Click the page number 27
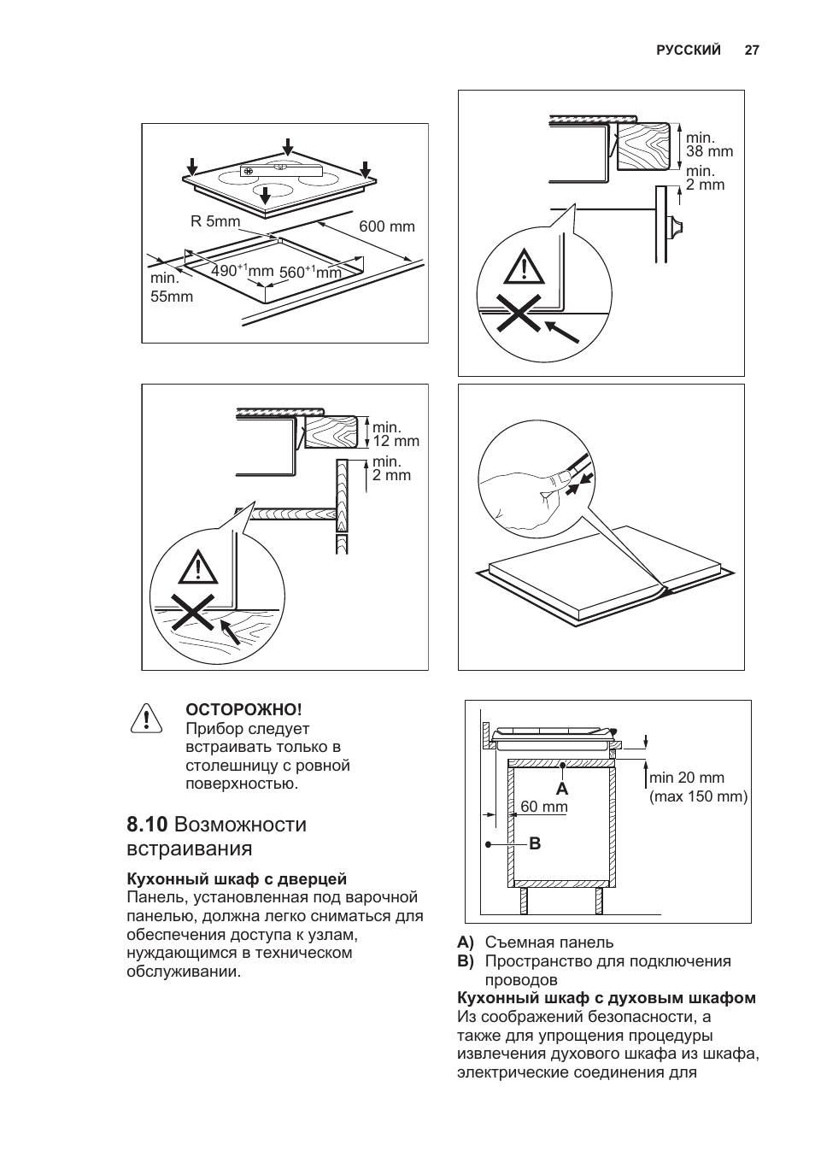click(x=751, y=50)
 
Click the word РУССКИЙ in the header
click(x=689, y=50)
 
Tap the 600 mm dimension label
click(x=386, y=226)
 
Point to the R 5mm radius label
click(x=215, y=222)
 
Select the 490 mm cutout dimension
click(x=242, y=271)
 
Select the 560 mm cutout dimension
click(x=310, y=272)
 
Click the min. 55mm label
click(x=172, y=288)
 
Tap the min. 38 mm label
click(x=709, y=144)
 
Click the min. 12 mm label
click(x=396, y=434)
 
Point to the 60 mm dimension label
click(x=544, y=807)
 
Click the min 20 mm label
click(x=686, y=778)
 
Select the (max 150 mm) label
click(x=698, y=796)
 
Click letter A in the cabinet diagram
click(x=562, y=787)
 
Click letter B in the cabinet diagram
click(x=535, y=844)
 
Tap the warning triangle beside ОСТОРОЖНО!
click(x=146, y=718)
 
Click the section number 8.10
click(x=147, y=825)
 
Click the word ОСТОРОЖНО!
click(x=244, y=709)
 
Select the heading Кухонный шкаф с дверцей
click(x=237, y=878)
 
